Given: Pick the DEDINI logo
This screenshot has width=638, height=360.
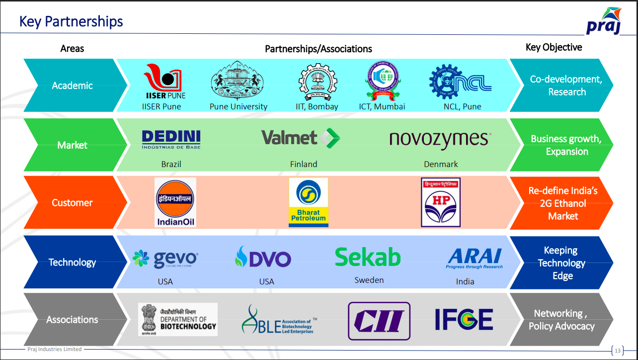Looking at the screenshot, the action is [171, 139].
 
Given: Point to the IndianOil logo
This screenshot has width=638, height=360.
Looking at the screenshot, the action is [175, 202].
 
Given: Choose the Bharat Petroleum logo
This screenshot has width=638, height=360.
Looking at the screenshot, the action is [309, 202].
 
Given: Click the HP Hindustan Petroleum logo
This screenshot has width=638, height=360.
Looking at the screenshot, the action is [441, 202].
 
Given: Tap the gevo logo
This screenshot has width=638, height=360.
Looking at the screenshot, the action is [165, 259].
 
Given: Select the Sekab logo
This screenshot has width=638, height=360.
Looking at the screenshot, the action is [368, 257].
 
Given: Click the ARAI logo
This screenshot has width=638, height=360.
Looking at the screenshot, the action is [475, 259].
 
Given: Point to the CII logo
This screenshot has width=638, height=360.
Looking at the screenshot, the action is [379, 321].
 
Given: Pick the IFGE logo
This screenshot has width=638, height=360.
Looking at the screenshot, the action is [464, 320].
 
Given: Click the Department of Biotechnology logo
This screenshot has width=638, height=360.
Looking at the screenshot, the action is [178, 319].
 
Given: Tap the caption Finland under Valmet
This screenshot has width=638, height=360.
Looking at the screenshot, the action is [304, 164].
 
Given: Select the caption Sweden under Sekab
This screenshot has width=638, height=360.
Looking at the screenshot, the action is [369, 280].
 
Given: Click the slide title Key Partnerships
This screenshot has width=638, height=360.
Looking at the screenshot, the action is [71, 21].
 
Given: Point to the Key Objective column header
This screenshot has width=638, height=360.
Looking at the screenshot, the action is [554, 47].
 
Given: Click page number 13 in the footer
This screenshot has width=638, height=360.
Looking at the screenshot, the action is [618, 351].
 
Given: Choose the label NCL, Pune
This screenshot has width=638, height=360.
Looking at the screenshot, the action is [462, 106].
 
